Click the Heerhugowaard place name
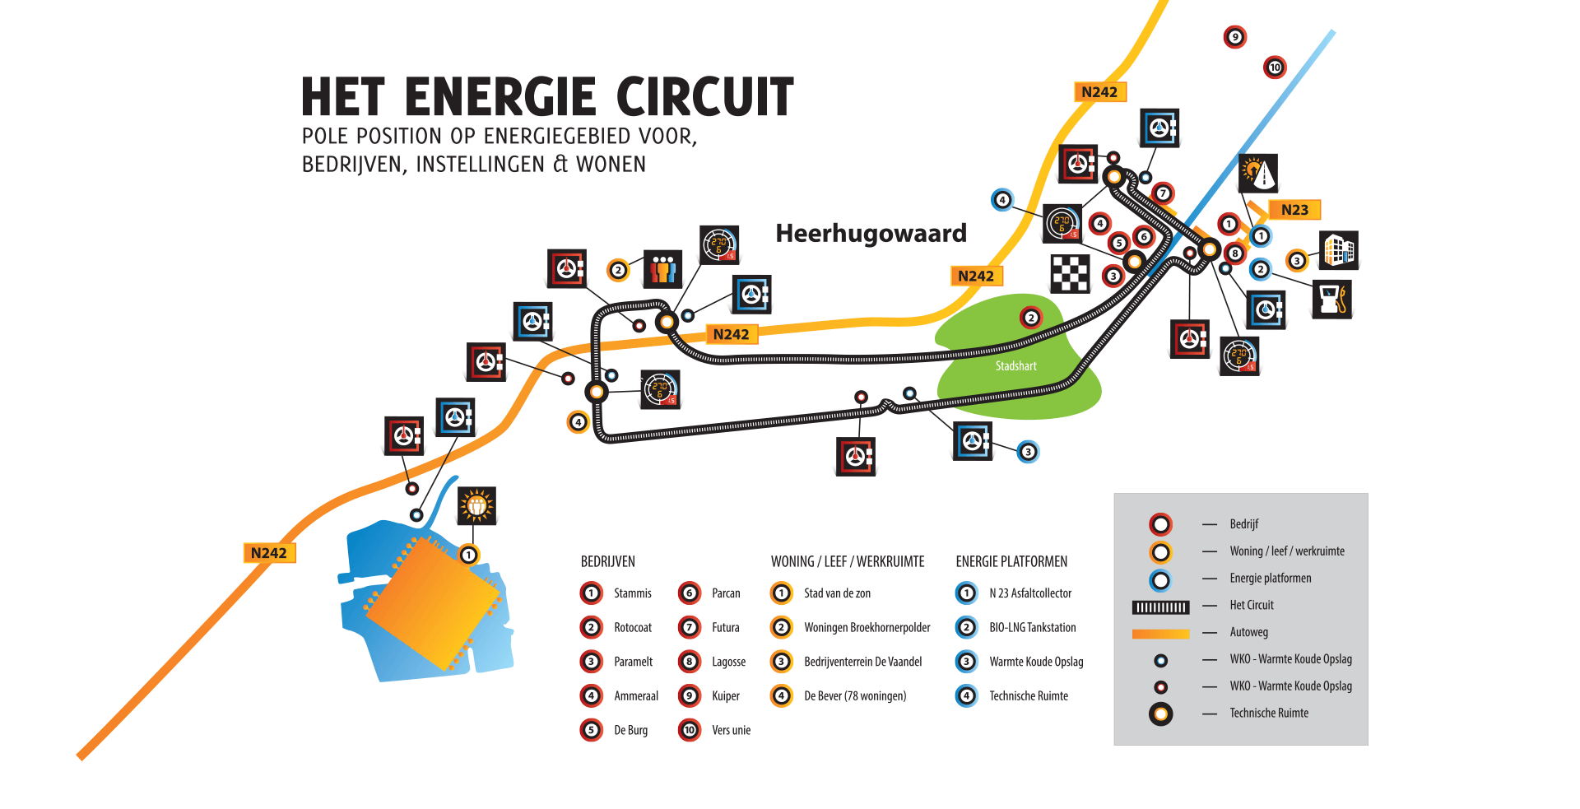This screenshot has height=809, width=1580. click(x=871, y=234)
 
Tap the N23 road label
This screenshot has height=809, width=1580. click(x=1294, y=210)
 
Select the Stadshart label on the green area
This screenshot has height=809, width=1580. click(x=1015, y=366)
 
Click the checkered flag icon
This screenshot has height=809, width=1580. click(x=1070, y=273)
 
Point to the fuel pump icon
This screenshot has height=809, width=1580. click(x=1331, y=299)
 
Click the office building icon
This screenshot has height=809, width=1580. click(x=1339, y=249)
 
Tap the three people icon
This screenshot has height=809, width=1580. click(x=662, y=268)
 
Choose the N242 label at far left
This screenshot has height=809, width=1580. click(x=269, y=553)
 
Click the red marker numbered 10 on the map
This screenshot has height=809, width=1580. click(x=1275, y=67)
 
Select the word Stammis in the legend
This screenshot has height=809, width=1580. click(x=632, y=593)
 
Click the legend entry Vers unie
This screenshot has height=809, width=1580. click(x=731, y=730)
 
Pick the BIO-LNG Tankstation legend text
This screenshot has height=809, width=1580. click(x=1032, y=627)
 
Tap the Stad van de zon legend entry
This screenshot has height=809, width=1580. click(x=837, y=593)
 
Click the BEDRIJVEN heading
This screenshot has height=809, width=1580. click(x=607, y=561)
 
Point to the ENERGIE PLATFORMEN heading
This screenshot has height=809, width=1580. click(x=1011, y=561)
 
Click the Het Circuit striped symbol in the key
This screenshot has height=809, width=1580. click(x=1160, y=607)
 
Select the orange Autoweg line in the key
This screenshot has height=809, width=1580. click(x=1160, y=634)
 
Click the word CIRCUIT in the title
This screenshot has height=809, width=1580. click(x=704, y=97)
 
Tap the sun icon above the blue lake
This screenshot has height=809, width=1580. click(x=477, y=505)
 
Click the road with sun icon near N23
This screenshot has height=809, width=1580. click(x=1257, y=173)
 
